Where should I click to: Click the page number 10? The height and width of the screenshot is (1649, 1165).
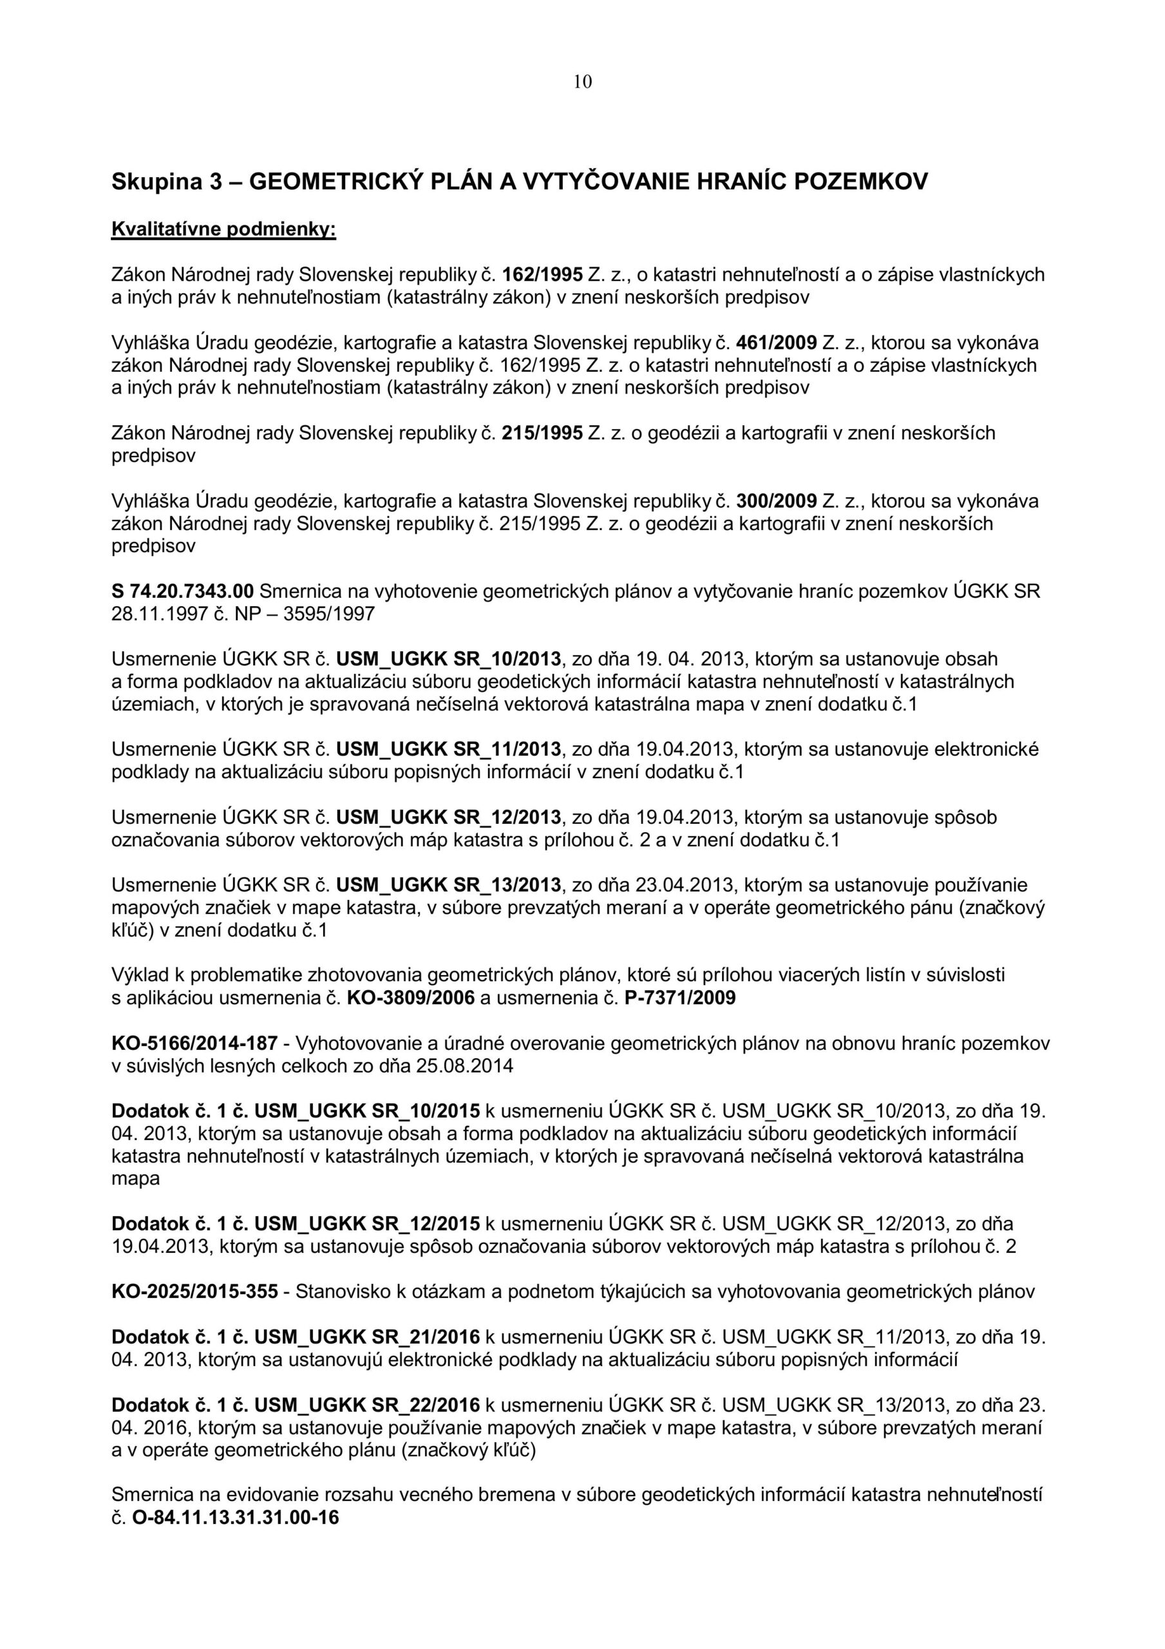tap(582, 82)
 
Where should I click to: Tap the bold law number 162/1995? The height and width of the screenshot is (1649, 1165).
tap(542, 274)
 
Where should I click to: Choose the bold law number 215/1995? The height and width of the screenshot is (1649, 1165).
tap(542, 433)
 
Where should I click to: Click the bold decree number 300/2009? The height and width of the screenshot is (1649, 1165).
tap(777, 500)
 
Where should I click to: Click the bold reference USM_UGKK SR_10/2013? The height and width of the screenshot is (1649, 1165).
tap(448, 658)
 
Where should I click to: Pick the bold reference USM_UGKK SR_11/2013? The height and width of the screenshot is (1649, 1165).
tap(448, 749)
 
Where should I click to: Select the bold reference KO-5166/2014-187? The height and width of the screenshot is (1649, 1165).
tap(194, 1043)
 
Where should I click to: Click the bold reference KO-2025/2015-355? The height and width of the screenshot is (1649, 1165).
tap(194, 1292)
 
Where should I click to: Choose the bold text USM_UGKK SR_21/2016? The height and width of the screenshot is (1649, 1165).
tap(367, 1337)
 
